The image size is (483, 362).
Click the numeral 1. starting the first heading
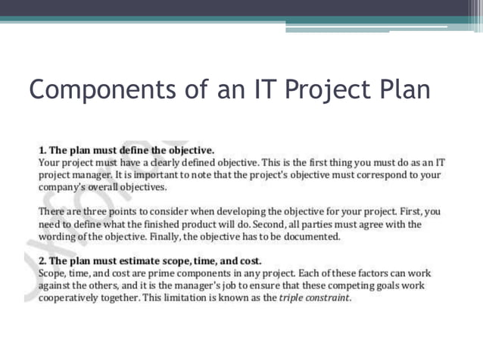43,150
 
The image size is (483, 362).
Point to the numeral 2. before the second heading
43,261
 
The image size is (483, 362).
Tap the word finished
160,224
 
